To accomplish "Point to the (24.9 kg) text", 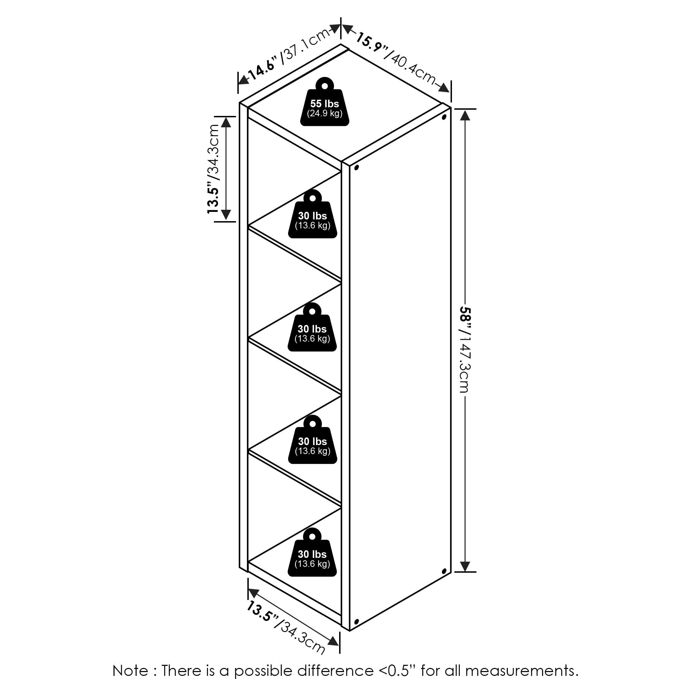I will tap(325, 114).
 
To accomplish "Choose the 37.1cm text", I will tap(306, 45).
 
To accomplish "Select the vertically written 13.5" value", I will tap(213, 199).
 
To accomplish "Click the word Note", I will tap(130, 670).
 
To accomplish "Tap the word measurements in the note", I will tap(521, 670).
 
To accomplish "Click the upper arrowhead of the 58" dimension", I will tap(465, 115).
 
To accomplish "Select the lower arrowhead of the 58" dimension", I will tap(465, 566).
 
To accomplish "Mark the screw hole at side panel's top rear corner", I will tap(444, 117).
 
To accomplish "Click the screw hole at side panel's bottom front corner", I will tap(356, 622).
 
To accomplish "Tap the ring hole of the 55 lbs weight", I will tap(325, 86).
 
